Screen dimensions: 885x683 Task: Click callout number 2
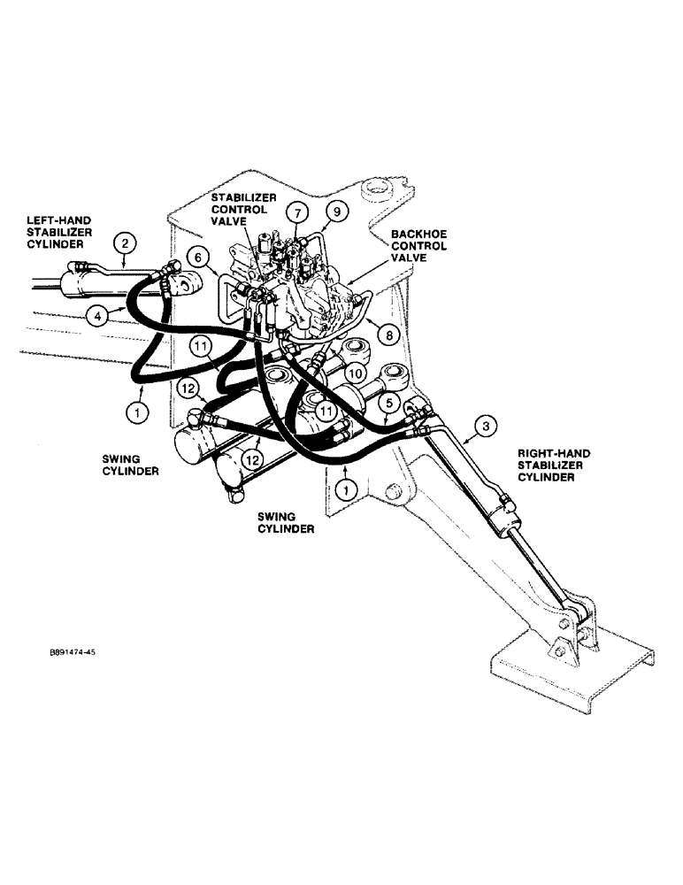[126, 242]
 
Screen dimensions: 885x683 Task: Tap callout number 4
[98, 313]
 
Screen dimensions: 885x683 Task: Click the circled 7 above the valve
[298, 213]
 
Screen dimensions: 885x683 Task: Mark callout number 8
[387, 334]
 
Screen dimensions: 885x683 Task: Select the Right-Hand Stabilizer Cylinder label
[554, 465]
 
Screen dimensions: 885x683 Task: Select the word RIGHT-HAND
[554, 453]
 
